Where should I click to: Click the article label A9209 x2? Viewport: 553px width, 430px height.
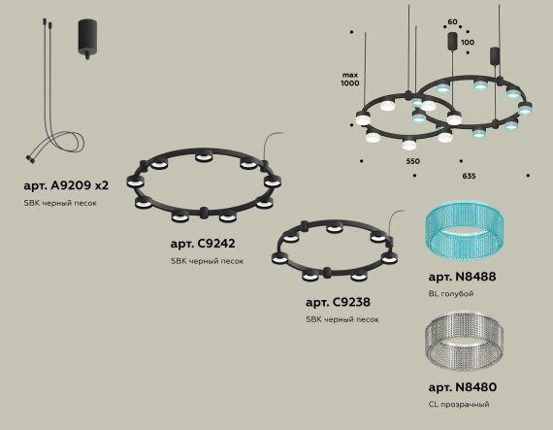[66, 185]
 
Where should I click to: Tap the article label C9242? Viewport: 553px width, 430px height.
[203, 244]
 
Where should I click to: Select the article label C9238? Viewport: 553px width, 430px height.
[338, 302]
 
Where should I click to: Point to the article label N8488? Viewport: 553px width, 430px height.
[462, 277]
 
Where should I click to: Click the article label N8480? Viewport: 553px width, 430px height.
[463, 387]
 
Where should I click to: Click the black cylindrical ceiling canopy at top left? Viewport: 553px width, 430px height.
[87, 39]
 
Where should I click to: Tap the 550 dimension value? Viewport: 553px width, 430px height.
[412, 161]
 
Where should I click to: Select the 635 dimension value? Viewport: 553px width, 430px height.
[469, 176]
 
